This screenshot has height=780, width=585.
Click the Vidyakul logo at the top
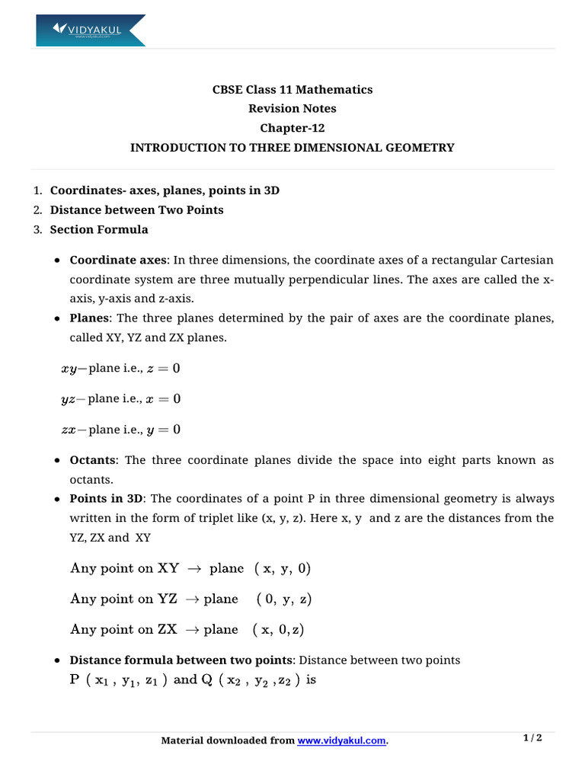(90, 30)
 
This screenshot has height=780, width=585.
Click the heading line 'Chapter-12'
(292, 128)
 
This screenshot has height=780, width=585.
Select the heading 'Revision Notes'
(292, 109)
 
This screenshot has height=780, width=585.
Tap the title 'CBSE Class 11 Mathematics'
(292, 90)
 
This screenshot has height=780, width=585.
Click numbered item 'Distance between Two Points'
(136, 209)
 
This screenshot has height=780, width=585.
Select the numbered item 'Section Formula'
(99, 229)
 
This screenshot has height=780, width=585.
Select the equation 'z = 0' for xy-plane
(164, 369)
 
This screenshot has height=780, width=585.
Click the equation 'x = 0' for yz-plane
(164, 399)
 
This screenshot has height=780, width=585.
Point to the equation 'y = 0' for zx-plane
(164, 430)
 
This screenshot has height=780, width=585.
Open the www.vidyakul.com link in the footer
(342, 740)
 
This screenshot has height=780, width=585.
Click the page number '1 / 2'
(532, 738)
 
